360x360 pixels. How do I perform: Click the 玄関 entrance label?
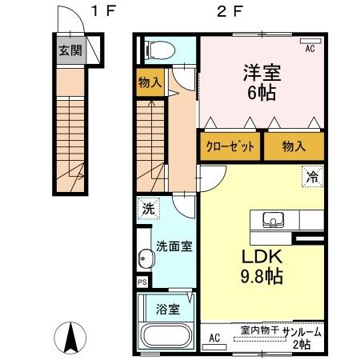point(69,50)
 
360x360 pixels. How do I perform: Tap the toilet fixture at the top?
point(160,49)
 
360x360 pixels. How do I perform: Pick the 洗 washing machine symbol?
point(147,209)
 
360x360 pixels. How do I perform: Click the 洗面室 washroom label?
point(173,246)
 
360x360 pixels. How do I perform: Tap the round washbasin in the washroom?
point(144,259)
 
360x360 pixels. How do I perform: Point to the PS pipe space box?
point(142,282)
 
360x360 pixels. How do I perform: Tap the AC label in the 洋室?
point(310,47)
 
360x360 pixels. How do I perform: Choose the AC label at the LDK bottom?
point(214,338)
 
